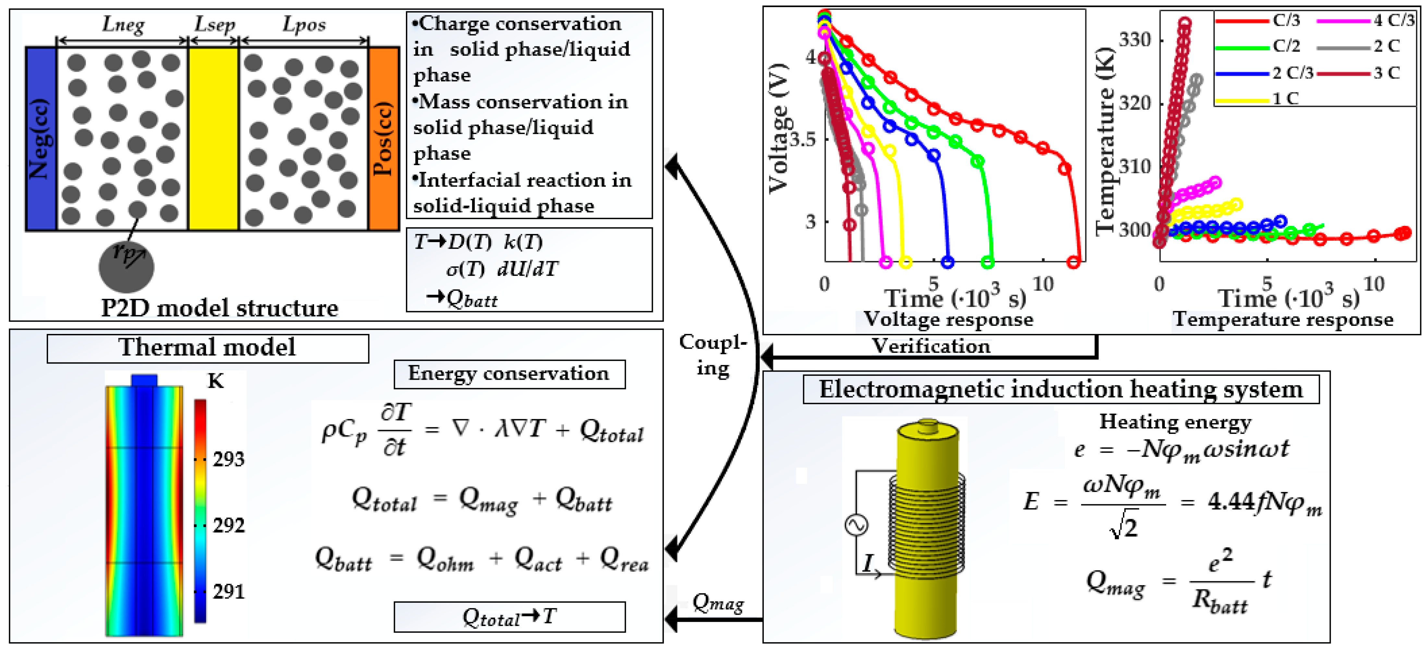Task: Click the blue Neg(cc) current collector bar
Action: pyautogui.click(x=41, y=139)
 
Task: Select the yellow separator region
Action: pyautogui.click(x=214, y=139)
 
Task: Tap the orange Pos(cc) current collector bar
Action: pyautogui.click(x=384, y=139)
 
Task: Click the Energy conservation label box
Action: pyautogui.click(x=509, y=374)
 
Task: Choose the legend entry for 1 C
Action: pyautogui.click(x=1285, y=99)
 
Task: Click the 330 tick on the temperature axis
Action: pyautogui.click(x=1134, y=40)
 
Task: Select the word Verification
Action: pyautogui.click(x=931, y=346)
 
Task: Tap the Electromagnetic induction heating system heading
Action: pyautogui.click(x=1060, y=389)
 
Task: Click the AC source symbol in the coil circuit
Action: pyautogui.click(x=857, y=524)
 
